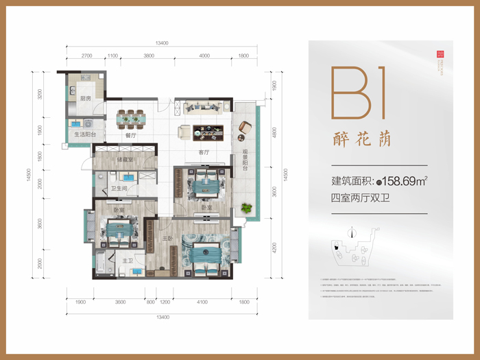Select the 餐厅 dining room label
point(132,136)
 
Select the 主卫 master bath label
point(128,261)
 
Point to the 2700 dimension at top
point(86,56)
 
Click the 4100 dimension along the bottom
point(202,302)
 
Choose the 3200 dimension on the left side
point(40,95)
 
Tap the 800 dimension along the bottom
point(149,302)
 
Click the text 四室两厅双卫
point(364,200)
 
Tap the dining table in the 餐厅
point(131,119)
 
